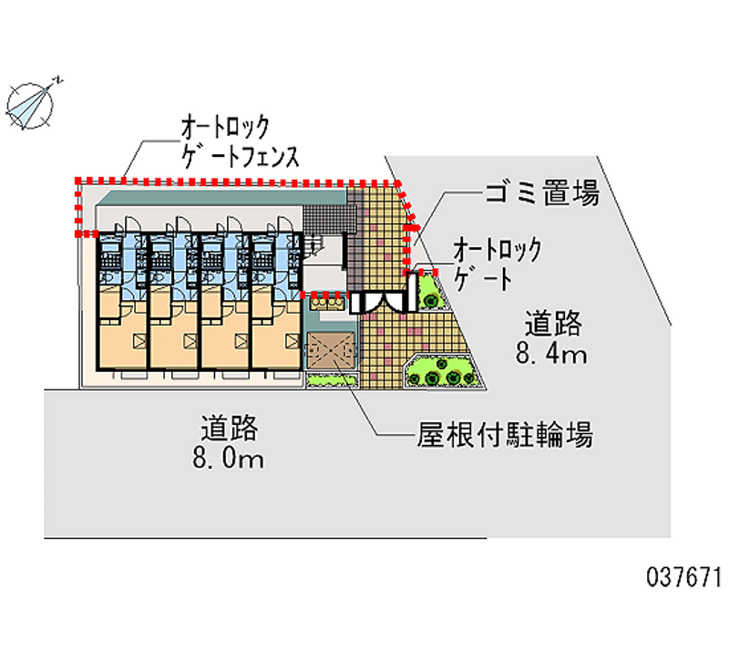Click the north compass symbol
point(30,106)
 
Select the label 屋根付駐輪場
point(505,435)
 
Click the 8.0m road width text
point(229,459)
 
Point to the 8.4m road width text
point(551,355)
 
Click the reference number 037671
point(684,577)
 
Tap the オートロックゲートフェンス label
point(240,141)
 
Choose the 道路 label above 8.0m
point(230,428)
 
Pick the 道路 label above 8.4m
point(553,324)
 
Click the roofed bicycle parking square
point(331,350)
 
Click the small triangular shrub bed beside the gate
point(430,293)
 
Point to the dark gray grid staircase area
point(329,220)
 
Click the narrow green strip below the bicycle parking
point(332,380)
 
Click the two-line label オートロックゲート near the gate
point(497,264)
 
